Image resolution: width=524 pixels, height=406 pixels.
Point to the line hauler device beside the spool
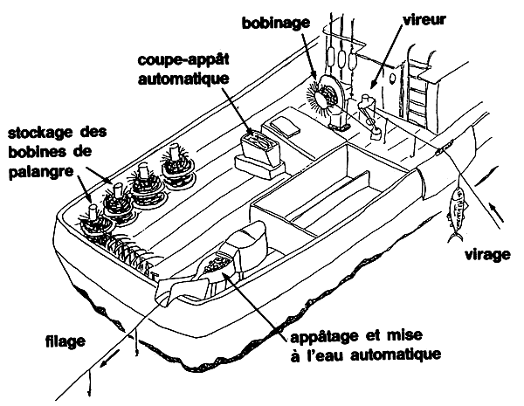coord(370,118)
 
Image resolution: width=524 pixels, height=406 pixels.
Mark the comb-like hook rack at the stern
coord(131,258)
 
